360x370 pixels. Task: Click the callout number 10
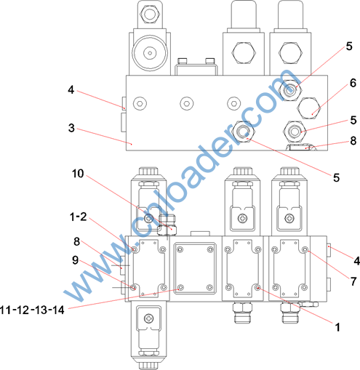(x=78, y=174)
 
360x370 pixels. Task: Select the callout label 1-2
(x=78, y=217)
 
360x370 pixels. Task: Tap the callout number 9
(x=76, y=260)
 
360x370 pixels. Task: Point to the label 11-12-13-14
(x=33, y=310)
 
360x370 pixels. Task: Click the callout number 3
(x=71, y=128)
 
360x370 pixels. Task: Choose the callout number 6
(x=353, y=83)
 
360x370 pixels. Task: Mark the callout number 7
(x=353, y=281)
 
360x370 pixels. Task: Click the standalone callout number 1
(x=337, y=327)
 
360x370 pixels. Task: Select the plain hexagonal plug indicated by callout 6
(x=309, y=108)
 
